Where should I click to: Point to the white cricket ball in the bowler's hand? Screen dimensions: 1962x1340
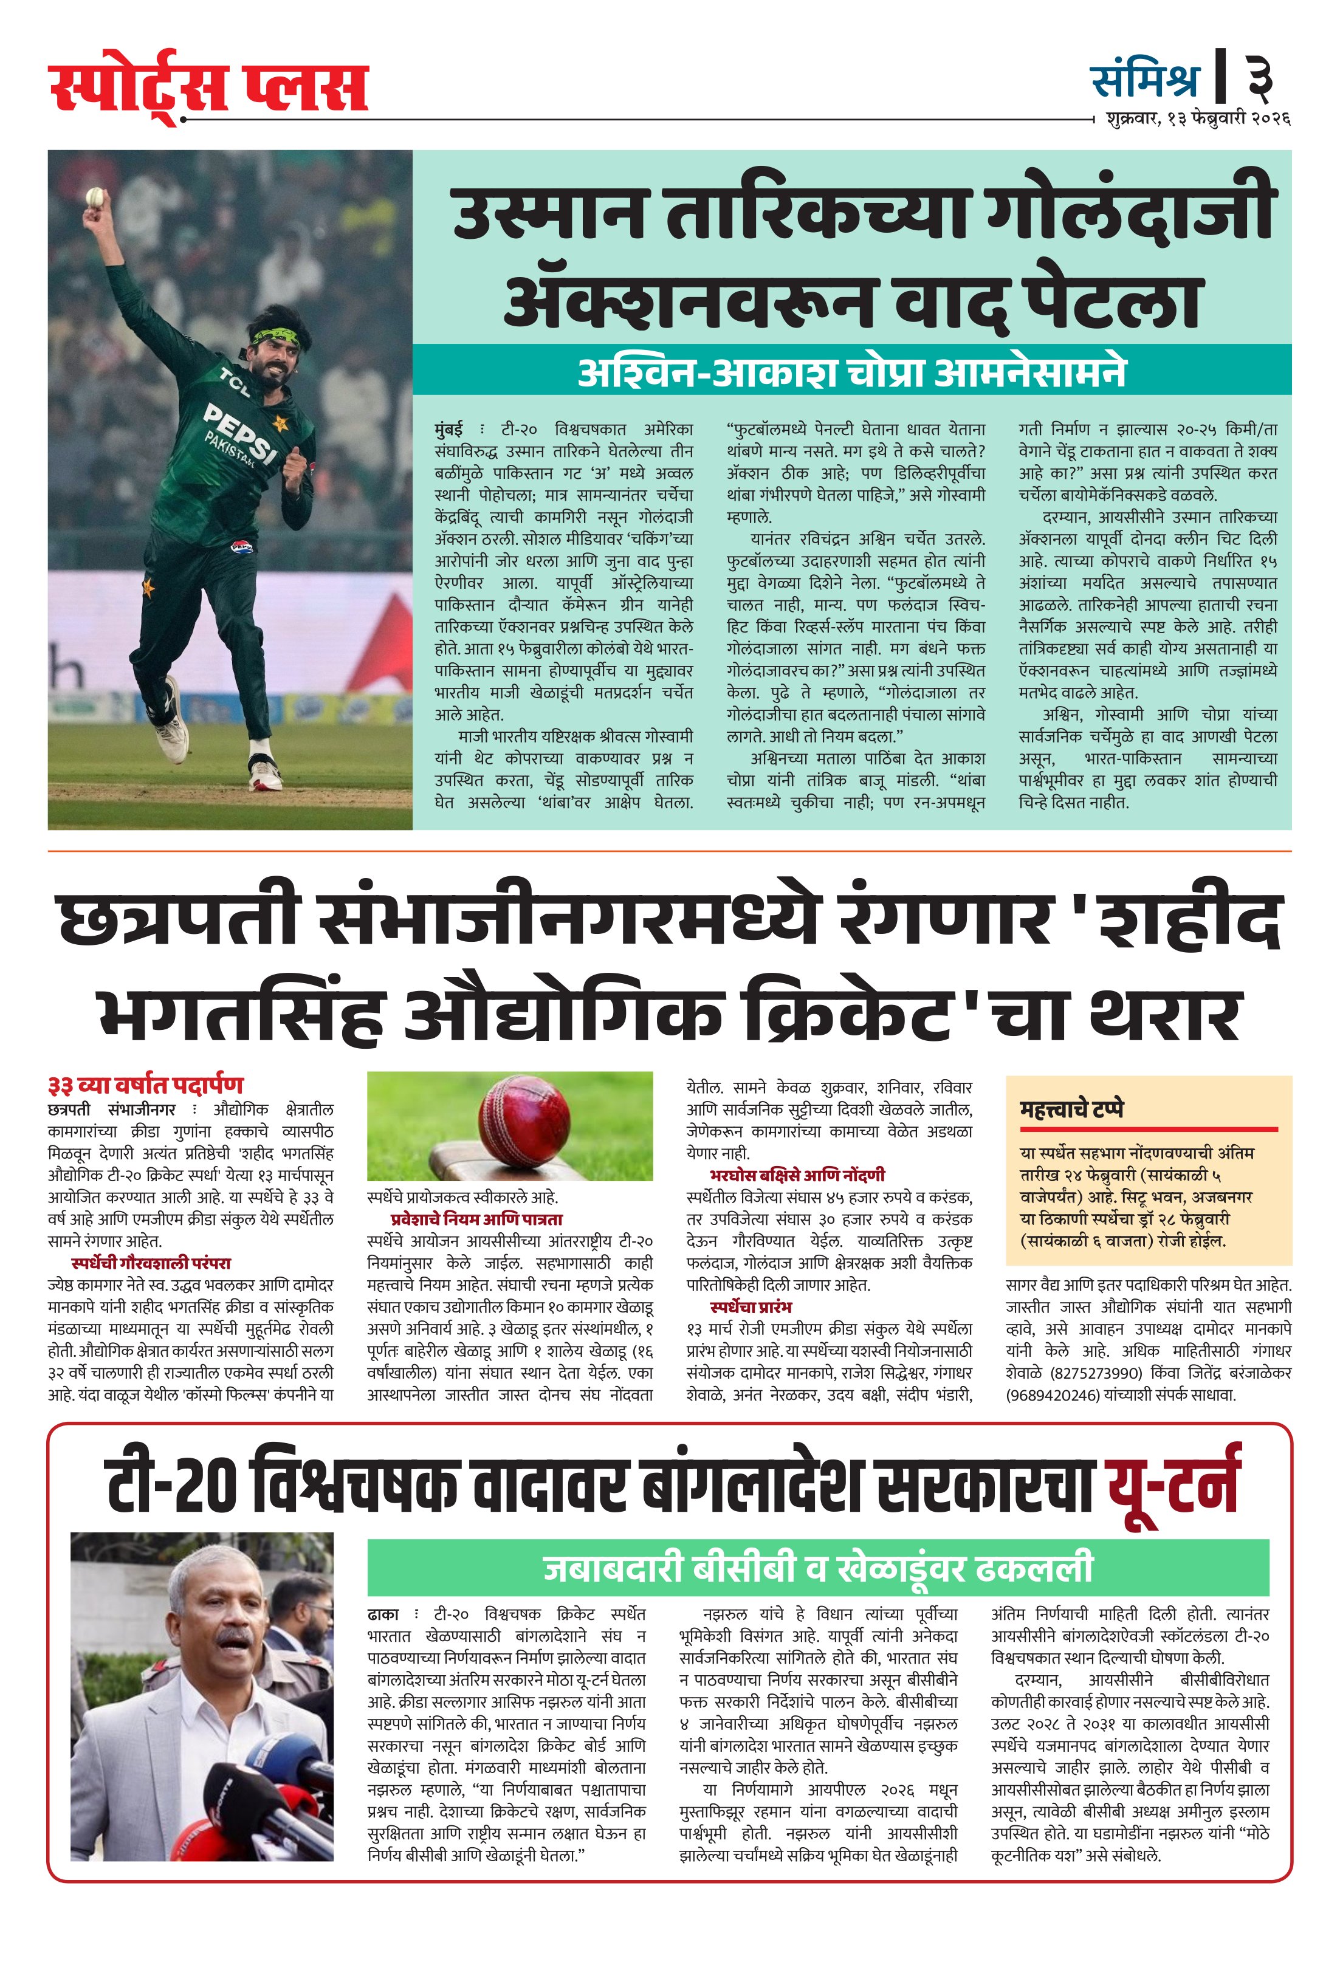[94, 197]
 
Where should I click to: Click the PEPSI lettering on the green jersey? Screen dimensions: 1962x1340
[241, 431]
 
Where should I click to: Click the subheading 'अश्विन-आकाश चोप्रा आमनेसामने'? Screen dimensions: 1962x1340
[851, 371]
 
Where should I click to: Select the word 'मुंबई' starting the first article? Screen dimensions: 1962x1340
[448, 430]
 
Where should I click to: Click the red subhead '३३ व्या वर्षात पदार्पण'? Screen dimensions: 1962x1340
[145, 1085]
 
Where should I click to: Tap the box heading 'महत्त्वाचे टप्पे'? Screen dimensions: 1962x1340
[1071, 1108]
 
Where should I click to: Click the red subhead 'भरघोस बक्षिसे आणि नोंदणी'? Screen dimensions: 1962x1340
[797, 1175]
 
